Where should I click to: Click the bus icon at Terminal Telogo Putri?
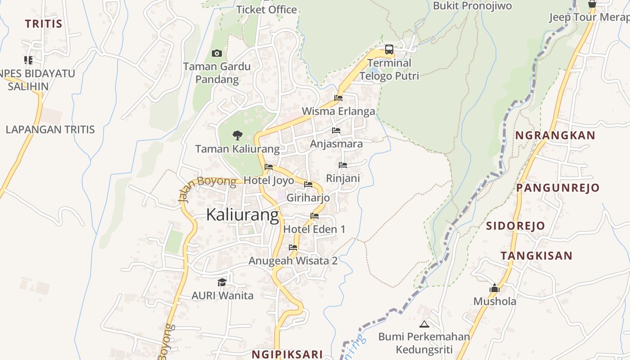click(389, 49)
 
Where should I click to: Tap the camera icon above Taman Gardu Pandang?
click(217, 54)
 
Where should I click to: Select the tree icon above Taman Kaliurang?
click(237, 135)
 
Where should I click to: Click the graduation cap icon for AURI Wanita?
click(222, 282)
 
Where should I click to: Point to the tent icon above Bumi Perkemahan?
click(424, 324)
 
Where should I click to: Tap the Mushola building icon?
click(495, 288)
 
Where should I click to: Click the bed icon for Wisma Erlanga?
click(338, 98)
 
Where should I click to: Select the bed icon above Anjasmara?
click(336, 131)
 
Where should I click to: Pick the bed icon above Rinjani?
click(343, 165)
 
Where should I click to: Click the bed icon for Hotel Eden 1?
click(315, 216)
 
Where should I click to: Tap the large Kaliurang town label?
click(243, 215)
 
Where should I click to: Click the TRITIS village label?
click(43, 24)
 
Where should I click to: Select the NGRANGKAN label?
click(555, 135)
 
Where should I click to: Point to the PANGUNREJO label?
click(558, 188)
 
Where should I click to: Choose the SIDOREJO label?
click(515, 226)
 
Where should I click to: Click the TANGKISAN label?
click(536, 256)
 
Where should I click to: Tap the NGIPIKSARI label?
click(287, 354)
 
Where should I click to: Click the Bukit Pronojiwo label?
click(472, 6)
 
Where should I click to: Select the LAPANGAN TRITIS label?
click(50, 130)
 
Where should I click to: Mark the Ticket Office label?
click(266, 9)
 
